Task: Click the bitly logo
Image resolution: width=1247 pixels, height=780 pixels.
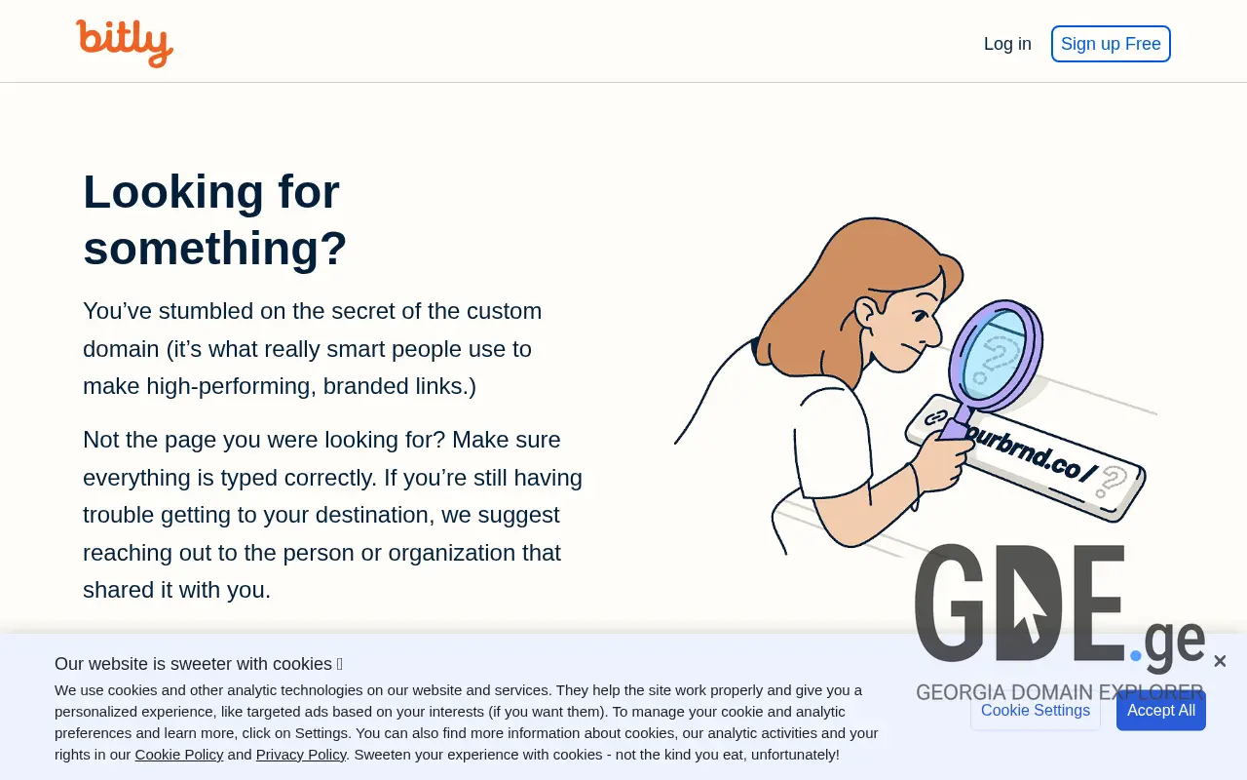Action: (x=125, y=43)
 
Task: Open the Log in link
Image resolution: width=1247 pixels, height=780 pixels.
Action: (x=1007, y=44)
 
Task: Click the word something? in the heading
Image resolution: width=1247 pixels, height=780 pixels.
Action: (x=215, y=248)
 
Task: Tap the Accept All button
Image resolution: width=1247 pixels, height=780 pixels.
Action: (x=1160, y=711)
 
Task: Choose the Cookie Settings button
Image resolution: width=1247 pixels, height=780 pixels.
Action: (x=1035, y=711)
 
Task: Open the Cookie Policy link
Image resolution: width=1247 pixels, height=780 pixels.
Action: (x=179, y=755)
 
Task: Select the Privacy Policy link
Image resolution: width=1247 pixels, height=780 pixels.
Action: (x=301, y=755)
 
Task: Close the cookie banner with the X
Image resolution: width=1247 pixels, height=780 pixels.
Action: (x=1220, y=662)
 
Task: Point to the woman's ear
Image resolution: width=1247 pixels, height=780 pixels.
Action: (x=866, y=312)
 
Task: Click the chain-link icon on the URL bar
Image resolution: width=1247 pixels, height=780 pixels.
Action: (x=936, y=417)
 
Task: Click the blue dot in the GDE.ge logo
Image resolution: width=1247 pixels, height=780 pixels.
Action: (x=1136, y=656)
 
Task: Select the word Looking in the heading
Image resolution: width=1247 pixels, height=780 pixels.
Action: (x=173, y=191)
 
